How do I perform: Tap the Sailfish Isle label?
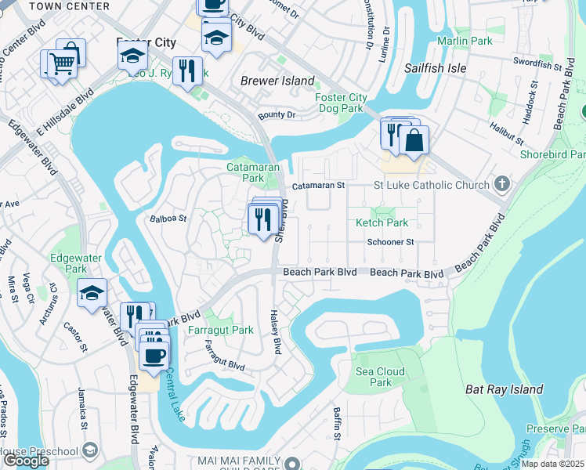pyautogui.click(x=435, y=69)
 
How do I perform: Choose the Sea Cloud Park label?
pyautogui.click(x=380, y=377)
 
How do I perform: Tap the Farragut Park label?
pyautogui.click(x=221, y=331)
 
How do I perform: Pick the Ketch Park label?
pyautogui.click(x=382, y=223)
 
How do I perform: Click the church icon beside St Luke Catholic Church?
pyautogui.click(x=502, y=185)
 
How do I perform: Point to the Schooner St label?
pyautogui.click(x=390, y=242)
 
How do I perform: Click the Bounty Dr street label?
pyautogui.click(x=280, y=115)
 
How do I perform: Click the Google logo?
pyautogui.click(x=26, y=461)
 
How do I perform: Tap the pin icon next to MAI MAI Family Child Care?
pyautogui.click(x=292, y=463)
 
